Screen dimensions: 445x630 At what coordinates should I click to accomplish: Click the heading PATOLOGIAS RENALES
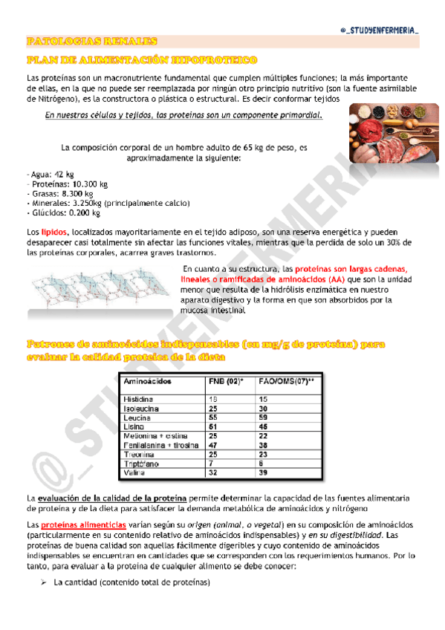coord(91,42)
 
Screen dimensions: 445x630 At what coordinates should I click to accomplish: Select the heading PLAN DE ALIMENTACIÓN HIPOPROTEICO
coord(141,59)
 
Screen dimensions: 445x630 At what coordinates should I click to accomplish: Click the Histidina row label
coord(142,399)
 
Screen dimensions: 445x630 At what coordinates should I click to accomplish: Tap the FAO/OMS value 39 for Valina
coord(263,472)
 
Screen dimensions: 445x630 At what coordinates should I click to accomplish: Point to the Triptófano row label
coord(146,463)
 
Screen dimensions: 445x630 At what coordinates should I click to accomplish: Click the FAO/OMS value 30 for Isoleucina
coord(263,409)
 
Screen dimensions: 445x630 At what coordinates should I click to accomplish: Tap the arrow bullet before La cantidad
coord(43,582)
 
